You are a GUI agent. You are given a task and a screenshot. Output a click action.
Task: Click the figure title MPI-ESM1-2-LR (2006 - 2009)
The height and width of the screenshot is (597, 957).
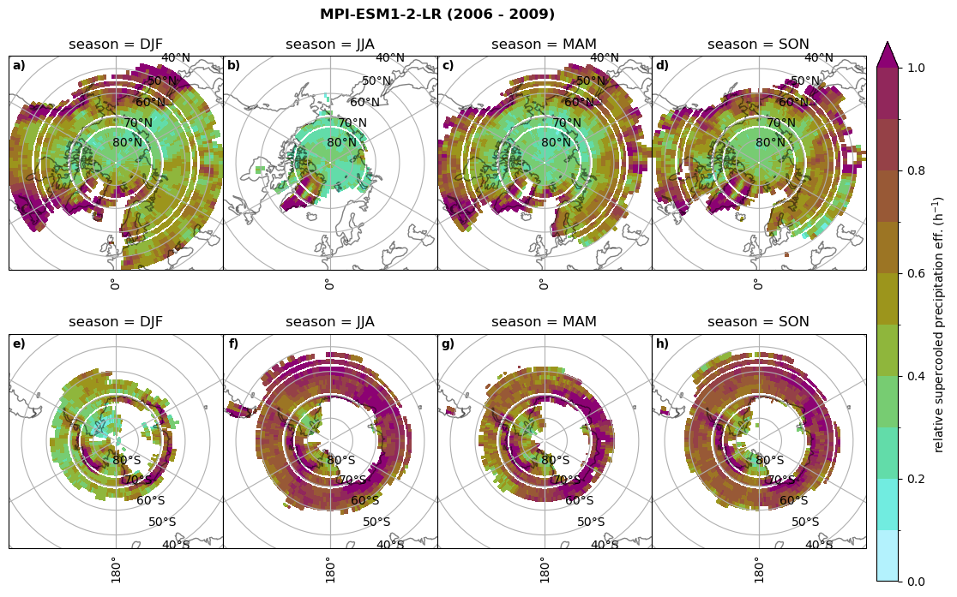pyautogui.click(x=437, y=15)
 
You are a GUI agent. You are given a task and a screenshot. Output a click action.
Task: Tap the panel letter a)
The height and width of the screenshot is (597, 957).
pyautogui.click(x=19, y=66)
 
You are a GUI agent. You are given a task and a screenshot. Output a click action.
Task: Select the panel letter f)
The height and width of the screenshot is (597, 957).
pyautogui.click(x=233, y=344)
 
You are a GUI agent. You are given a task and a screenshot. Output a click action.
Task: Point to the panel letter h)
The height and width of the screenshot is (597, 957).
pyautogui.click(x=662, y=344)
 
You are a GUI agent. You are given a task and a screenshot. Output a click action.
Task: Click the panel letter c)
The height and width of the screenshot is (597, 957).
pyautogui.click(x=448, y=66)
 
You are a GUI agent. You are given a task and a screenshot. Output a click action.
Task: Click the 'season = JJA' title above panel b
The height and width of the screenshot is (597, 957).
pyautogui.click(x=330, y=45)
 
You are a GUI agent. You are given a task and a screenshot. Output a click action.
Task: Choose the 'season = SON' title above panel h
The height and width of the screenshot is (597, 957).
pyautogui.click(x=758, y=322)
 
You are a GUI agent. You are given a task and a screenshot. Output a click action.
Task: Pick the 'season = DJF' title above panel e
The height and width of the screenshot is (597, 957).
pyautogui.click(x=116, y=322)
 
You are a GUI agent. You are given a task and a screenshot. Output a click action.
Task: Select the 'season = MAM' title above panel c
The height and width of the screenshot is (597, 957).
pyautogui.click(x=544, y=45)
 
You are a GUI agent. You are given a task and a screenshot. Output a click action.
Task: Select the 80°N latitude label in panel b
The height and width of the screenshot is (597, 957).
pyautogui.click(x=341, y=143)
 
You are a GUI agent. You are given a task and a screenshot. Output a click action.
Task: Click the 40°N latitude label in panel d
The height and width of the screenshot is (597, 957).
pyautogui.click(x=818, y=58)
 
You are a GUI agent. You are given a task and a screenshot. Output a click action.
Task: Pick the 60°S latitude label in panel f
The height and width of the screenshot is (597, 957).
pyautogui.click(x=365, y=501)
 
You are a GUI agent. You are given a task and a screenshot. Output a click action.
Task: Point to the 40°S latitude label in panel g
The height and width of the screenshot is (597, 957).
pyautogui.click(x=605, y=545)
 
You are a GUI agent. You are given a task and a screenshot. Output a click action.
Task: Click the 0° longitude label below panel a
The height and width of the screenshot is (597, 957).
pyautogui.click(x=114, y=284)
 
